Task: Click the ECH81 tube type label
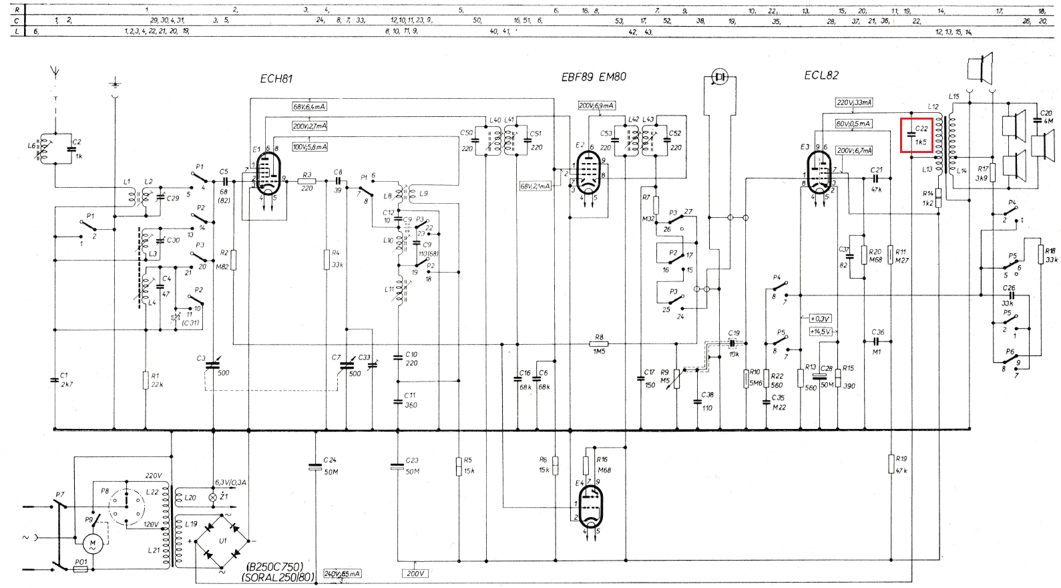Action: [276, 79]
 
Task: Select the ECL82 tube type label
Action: [821, 76]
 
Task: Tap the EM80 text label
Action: [612, 77]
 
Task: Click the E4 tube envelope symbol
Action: [590, 506]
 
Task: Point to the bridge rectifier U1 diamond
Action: [222, 541]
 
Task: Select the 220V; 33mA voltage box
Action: [854, 103]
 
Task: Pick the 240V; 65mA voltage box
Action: [342, 574]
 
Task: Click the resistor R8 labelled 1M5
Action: [599, 344]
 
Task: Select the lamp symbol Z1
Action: [214, 497]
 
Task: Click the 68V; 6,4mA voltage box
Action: [309, 107]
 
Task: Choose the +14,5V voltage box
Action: [821, 331]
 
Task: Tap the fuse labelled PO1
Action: [81, 569]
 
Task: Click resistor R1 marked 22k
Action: [146, 381]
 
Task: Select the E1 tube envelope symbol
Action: [268, 173]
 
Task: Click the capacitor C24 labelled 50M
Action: [315, 466]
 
